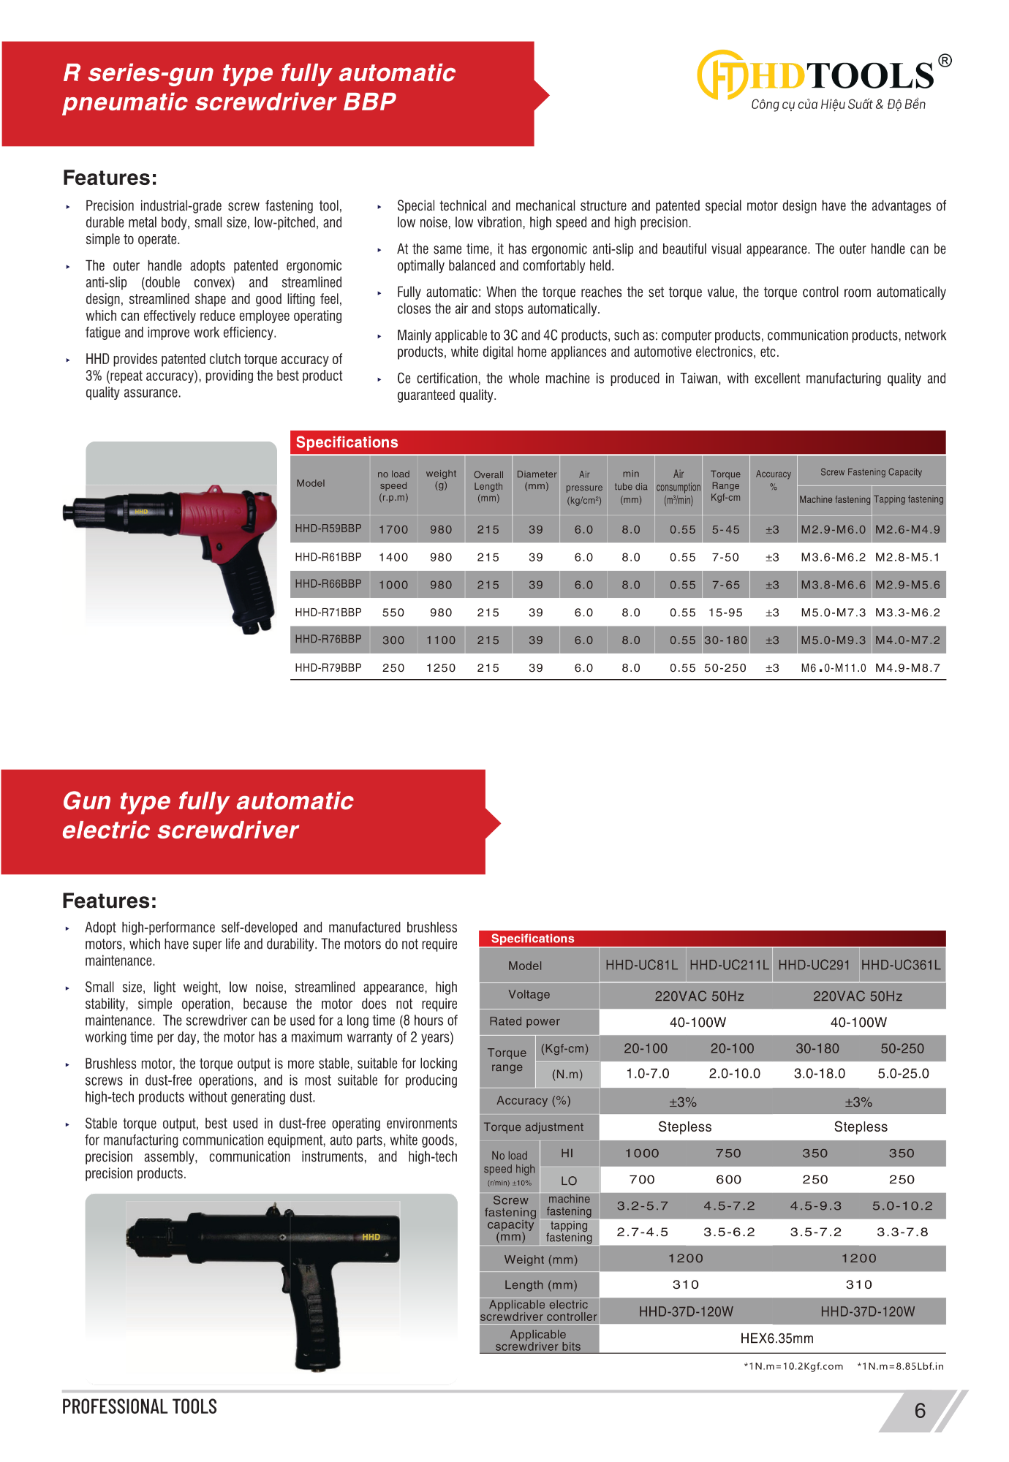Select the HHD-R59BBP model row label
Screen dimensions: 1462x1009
tap(328, 529)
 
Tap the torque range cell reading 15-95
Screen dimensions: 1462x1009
tap(725, 613)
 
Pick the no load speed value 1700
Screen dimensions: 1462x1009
tap(393, 529)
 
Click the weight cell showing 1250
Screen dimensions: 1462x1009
tap(441, 668)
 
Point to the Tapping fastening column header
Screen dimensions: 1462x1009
tap(909, 499)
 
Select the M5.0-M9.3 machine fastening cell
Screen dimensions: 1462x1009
tap(833, 640)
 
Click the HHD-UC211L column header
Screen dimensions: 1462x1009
tap(729, 965)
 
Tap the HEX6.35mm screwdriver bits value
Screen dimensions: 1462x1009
tap(776, 1338)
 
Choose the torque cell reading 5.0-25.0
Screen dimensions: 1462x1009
tap(903, 1074)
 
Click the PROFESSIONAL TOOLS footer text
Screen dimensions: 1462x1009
tap(140, 1407)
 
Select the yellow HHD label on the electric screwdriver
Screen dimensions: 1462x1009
tap(371, 1237)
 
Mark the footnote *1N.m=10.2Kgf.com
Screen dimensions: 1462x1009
tap(793, 1366)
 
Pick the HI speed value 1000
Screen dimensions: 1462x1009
tap(642, 1154)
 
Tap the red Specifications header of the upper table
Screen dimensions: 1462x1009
tap(347, 442)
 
